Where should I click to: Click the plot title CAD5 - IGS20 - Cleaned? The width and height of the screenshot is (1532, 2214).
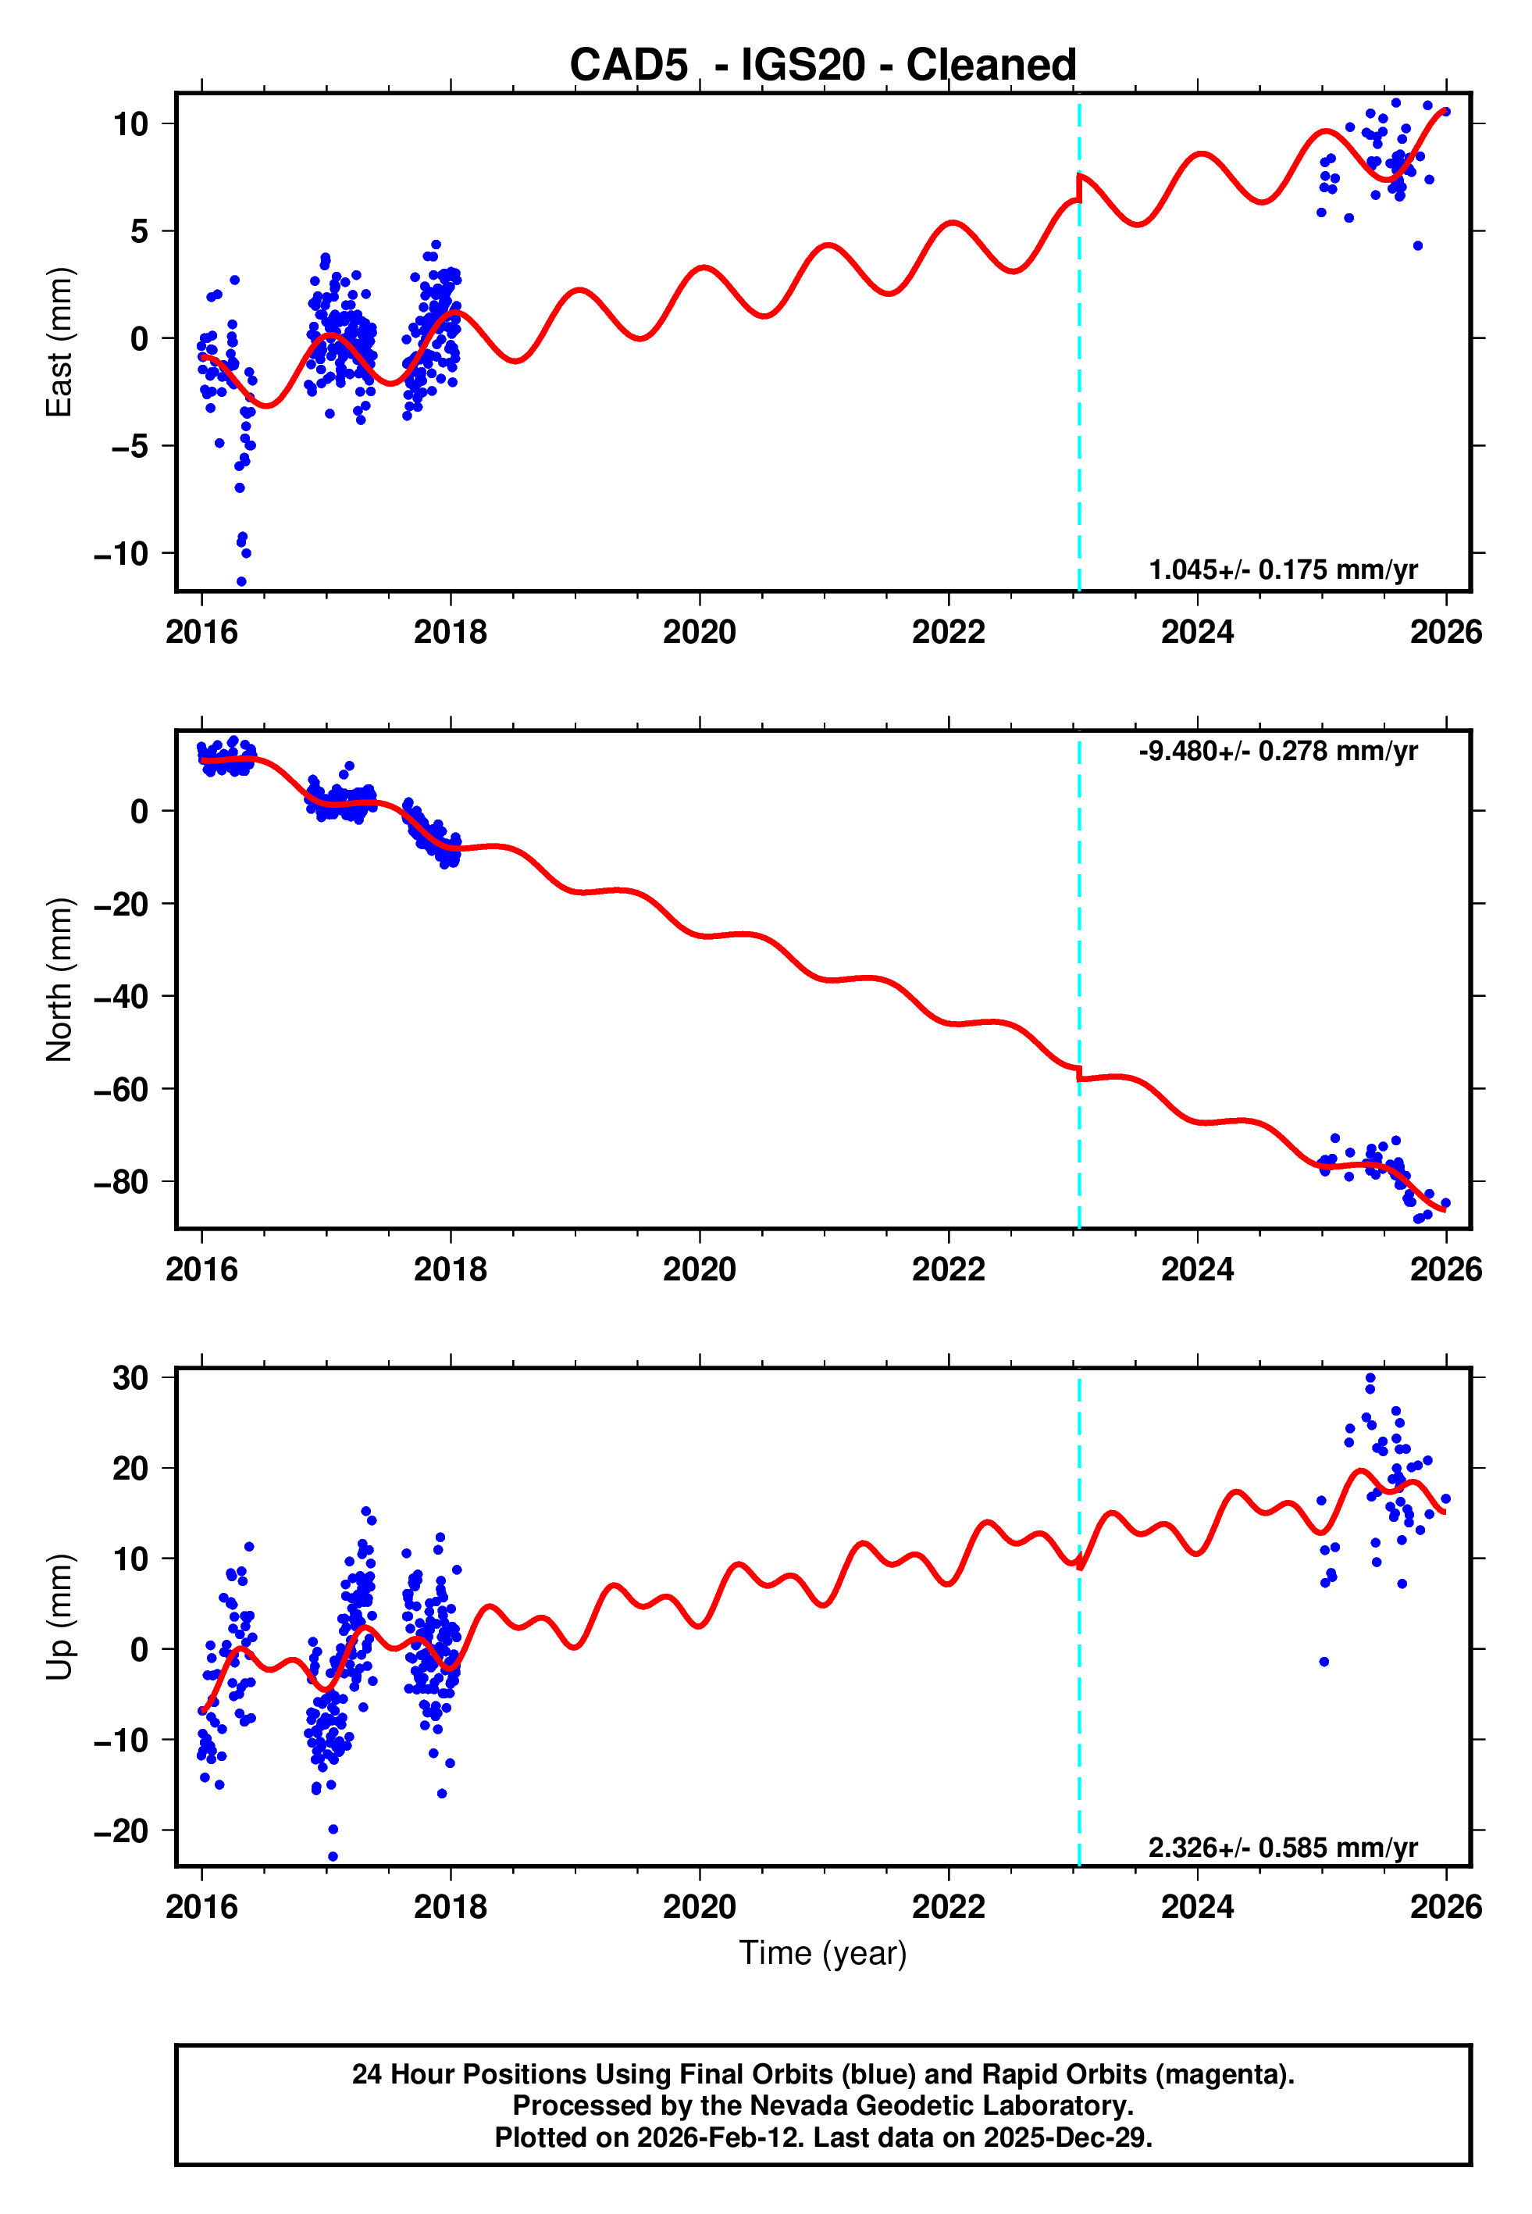click(823, 66)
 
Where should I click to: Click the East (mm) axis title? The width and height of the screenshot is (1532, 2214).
click(59, 342)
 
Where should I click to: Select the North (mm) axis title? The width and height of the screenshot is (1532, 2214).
click(59, 980)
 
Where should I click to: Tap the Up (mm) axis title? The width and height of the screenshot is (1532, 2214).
click(59, 1617)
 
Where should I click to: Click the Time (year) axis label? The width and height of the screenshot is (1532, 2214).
click(823, 1954)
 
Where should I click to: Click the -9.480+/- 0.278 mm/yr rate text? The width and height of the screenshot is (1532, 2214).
click(1277, 751)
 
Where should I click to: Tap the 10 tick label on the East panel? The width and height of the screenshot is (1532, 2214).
click(130, 124)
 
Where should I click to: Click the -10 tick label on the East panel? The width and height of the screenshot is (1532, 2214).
click(121, 554)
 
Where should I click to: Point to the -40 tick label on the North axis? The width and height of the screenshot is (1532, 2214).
click(121, 997)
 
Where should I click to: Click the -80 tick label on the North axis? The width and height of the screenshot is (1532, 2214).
click(121, 1182)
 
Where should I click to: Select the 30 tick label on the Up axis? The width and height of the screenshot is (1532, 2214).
click(130, 1378)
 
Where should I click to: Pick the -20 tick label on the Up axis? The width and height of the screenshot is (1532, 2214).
click(121, 1831)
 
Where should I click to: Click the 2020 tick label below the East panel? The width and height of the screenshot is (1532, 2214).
click(700, 632)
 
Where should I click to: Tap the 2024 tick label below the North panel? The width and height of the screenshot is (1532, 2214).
click(1197, 1269)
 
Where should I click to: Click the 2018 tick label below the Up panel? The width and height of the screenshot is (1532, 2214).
click(451, 1907)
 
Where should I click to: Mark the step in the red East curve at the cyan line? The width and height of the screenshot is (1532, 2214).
click(1079, 188)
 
